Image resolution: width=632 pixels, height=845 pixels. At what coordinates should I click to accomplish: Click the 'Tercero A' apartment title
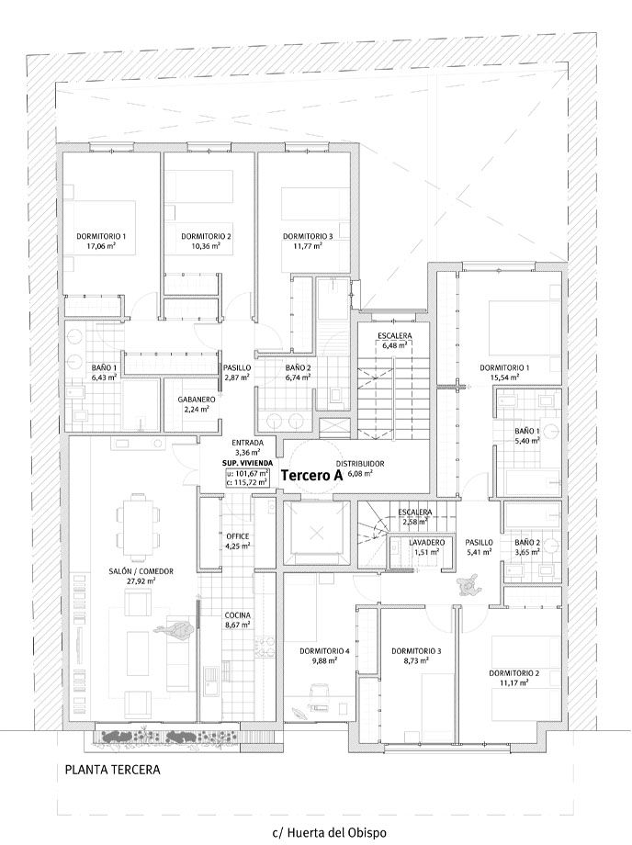coord(311,476)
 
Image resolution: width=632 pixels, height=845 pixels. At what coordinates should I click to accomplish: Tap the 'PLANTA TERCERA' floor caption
coord(113,770)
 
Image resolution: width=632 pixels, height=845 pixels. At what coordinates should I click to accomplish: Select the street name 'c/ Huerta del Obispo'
coord(330,832)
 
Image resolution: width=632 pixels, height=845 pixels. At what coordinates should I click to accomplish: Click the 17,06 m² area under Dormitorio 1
coord(100,246)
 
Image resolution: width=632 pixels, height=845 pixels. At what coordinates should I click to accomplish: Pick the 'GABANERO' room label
coord(196,400)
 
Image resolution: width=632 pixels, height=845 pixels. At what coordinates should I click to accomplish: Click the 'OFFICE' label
coord(237,535)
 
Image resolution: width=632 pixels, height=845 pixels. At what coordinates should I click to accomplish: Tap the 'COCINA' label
coord(237,615)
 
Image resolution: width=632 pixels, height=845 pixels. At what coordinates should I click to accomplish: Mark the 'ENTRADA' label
coord(247,442)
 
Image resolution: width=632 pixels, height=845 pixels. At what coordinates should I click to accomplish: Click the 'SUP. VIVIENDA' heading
coord(247,464)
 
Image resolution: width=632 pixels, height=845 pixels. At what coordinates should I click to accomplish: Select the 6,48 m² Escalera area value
coord(394,345)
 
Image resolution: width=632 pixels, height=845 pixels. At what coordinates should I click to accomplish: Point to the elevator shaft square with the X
coord(317,534)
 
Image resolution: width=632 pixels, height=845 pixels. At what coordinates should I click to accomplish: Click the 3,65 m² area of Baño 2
coord(527,552)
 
